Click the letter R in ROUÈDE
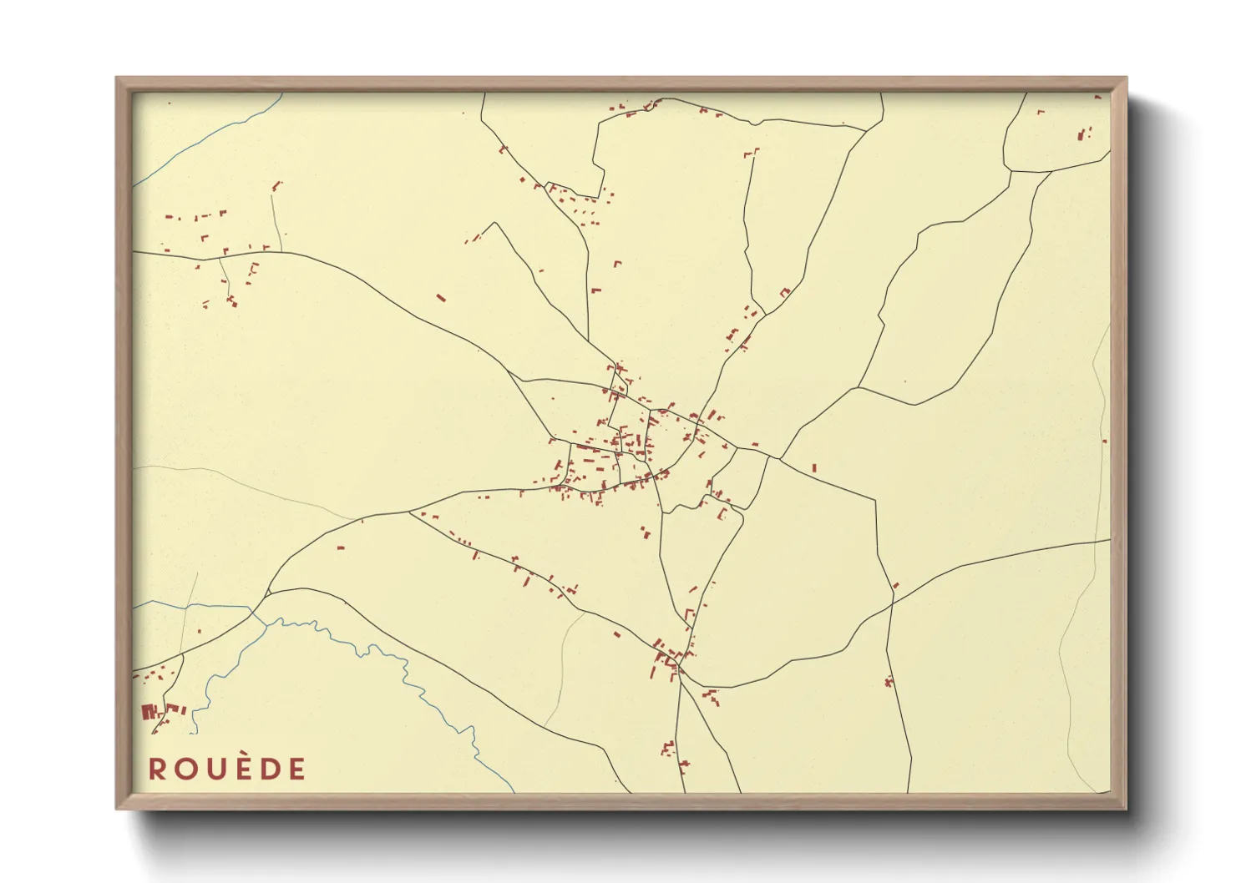[157, 769]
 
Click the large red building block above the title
[149, 712]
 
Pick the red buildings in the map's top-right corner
[1084, 134]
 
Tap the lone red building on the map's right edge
[1104, 441]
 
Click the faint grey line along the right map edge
[1101, 501]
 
